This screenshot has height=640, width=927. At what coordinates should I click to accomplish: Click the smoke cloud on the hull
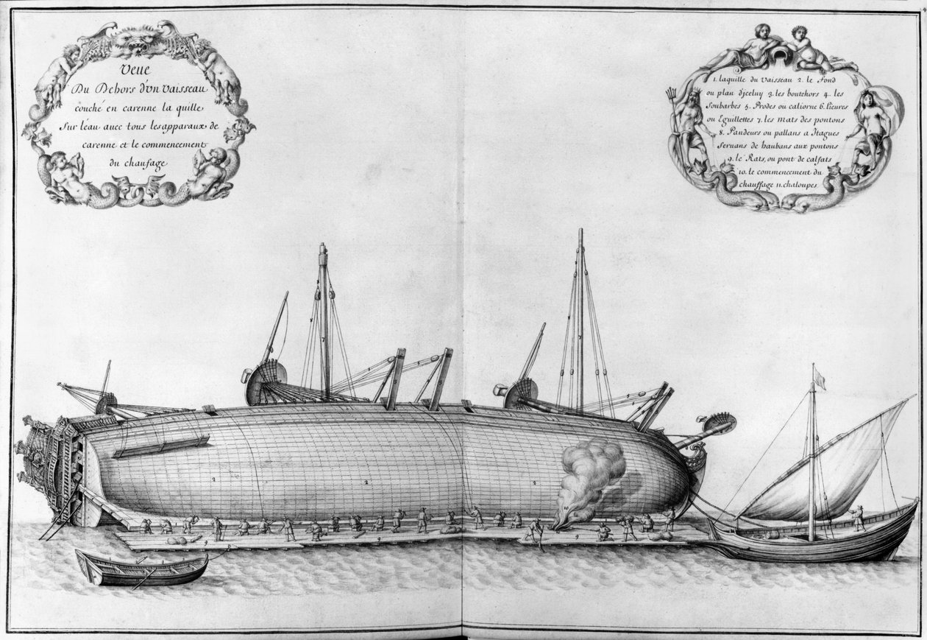[x=593, y=471]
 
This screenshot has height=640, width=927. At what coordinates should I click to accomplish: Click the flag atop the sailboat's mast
[x=819, y=380]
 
